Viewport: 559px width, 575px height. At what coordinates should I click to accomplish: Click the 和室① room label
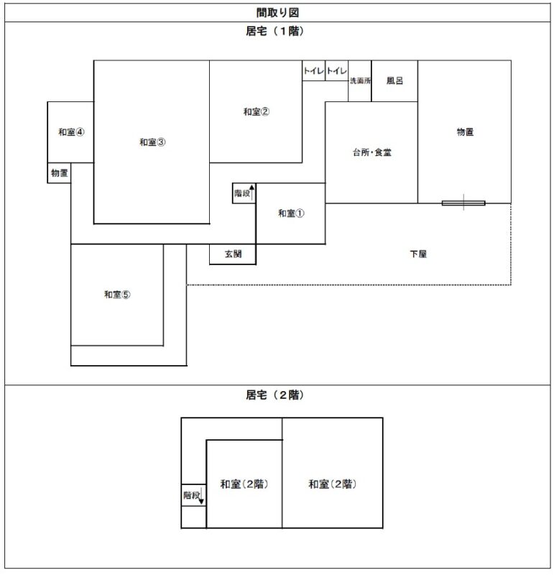291,213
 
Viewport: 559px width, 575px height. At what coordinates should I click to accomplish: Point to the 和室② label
256,111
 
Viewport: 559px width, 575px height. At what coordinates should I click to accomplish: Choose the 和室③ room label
152,142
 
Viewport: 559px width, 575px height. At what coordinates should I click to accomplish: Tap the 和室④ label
71,132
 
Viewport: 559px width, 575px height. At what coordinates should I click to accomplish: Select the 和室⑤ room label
116,295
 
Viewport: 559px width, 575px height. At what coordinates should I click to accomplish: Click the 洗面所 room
360,81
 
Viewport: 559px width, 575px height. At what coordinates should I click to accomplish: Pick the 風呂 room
394,80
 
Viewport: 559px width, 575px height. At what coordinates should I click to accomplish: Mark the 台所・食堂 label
371,152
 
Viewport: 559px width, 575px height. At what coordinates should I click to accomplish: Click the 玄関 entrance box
233,254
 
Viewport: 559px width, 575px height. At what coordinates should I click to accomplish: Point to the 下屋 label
418,254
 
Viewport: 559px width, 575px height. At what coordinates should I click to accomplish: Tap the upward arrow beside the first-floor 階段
252,193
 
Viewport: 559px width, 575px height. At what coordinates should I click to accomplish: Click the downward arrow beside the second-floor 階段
202,495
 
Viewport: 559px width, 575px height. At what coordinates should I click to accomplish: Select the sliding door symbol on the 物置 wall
463,203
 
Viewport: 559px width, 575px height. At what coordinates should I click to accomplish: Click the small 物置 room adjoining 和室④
60,172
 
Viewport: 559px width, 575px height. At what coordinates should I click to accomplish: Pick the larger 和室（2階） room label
333,484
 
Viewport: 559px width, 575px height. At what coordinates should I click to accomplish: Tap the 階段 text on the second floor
190,494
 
